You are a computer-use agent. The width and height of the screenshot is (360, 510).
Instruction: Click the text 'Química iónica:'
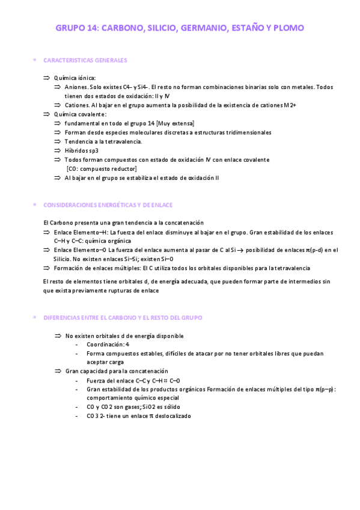(75, 78)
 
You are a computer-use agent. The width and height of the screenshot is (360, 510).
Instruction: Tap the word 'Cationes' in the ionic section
(77, 105)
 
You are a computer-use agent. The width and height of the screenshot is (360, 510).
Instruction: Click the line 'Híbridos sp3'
(81, 150)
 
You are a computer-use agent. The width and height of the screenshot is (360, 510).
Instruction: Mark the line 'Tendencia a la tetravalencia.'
(103, 141)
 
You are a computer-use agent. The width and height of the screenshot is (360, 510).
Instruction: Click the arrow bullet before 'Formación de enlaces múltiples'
(47, 268)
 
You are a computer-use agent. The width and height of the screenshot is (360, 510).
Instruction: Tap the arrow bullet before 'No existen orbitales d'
(58, 336)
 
